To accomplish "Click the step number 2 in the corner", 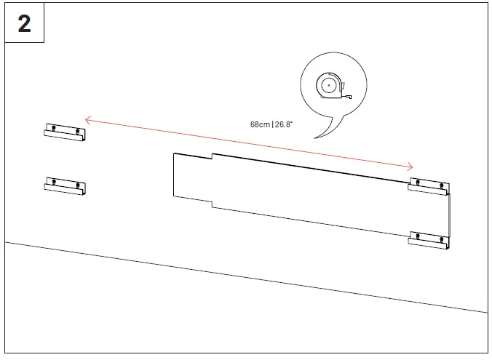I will [24, 23].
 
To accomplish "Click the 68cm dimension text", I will [261, 124].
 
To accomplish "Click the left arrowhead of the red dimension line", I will [87, 119].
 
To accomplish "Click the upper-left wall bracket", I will [65, 132].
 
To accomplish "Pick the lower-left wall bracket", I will [65, 185].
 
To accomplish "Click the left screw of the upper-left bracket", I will [52, 128].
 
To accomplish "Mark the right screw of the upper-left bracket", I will [77, 131].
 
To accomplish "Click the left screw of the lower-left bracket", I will [52, 181].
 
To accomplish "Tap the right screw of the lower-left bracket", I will [77, 185].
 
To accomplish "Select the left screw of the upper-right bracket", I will [417, 182].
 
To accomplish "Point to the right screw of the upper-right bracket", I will [442, 185].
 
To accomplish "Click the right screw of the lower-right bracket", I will [442, 239].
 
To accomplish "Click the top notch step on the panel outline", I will [212, 156].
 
